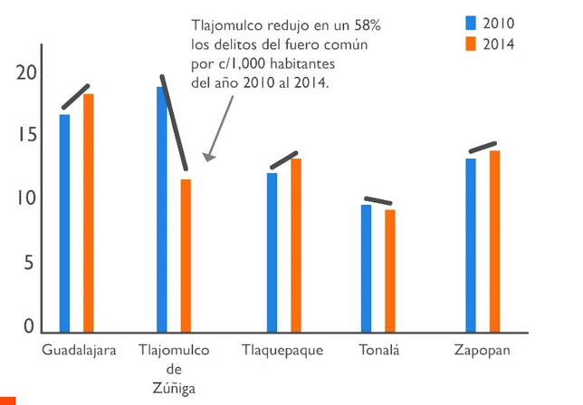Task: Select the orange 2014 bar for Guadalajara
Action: [88, 213]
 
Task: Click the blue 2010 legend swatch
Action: [471, 23]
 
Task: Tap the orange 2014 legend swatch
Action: [471, 43]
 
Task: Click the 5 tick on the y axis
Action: [27, 264]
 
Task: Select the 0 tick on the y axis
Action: [27, 326]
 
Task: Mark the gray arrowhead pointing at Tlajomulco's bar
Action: [208, 157]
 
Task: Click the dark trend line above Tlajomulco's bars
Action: [174, 123]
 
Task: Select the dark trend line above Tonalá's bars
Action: [378, 201]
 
